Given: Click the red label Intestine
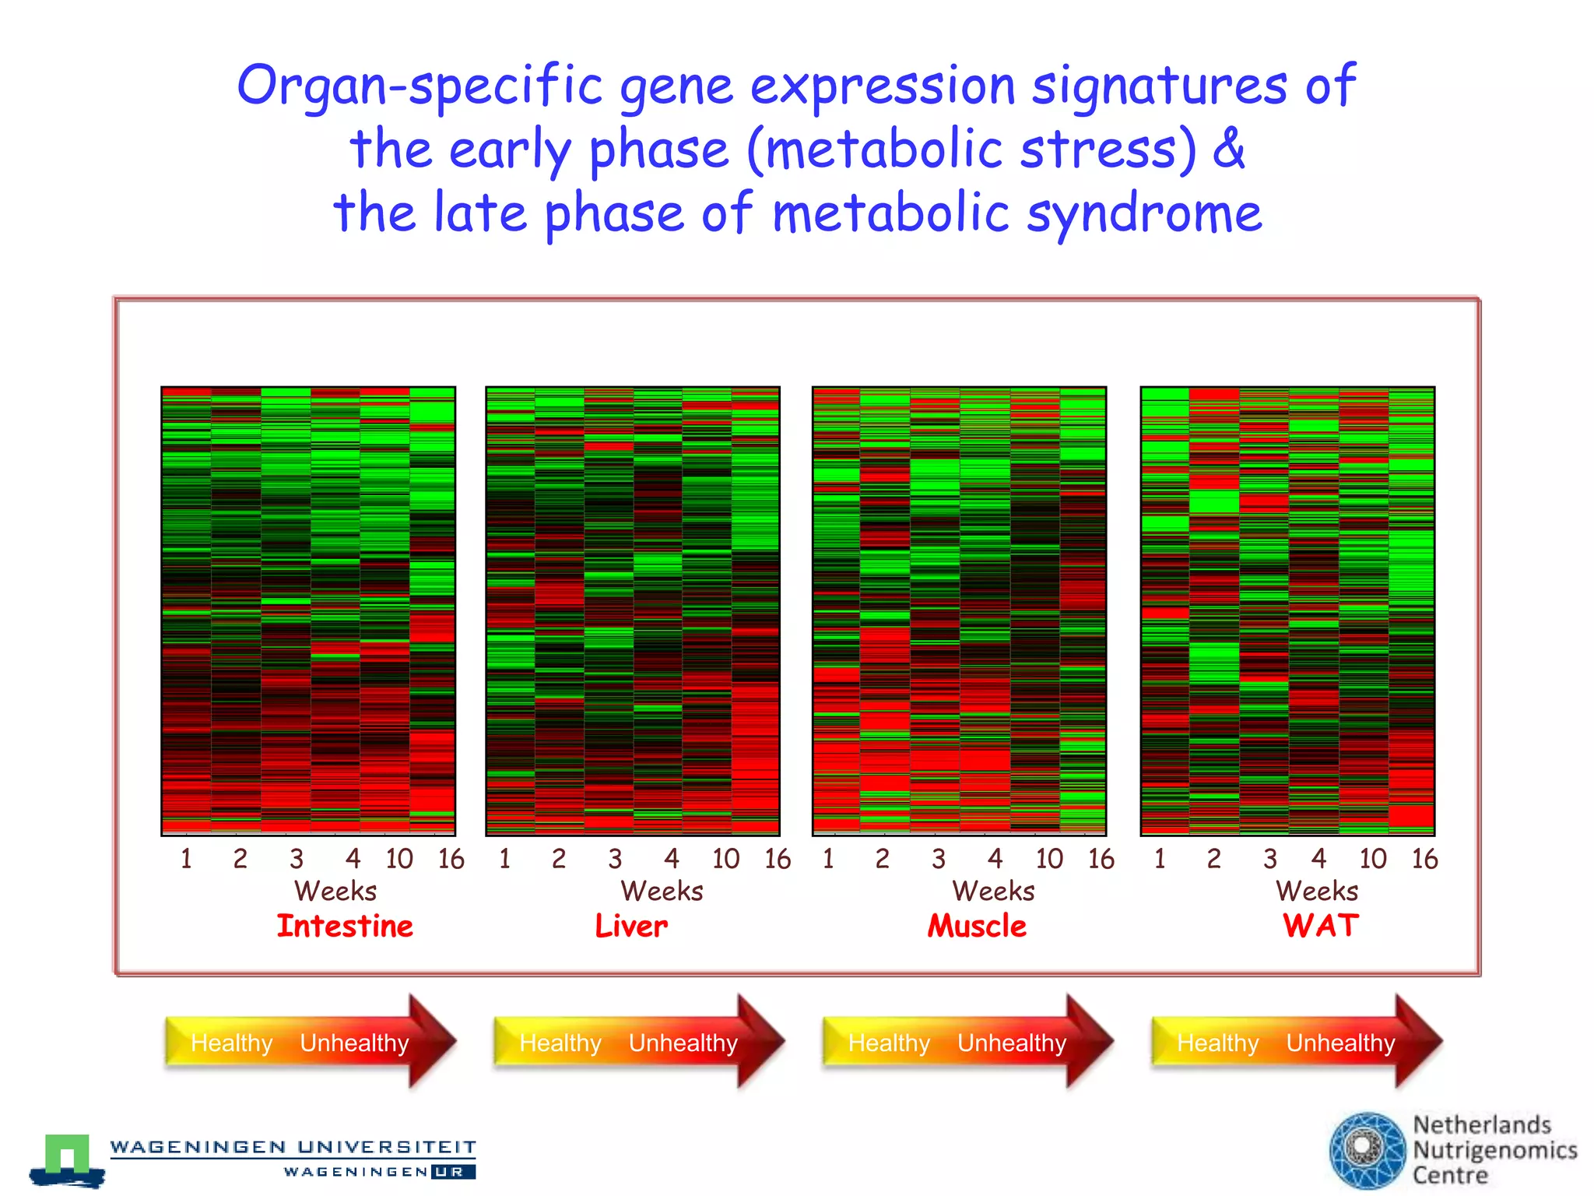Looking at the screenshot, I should click(x=345, y=926).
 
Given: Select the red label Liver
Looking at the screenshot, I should click(x=631, y=926).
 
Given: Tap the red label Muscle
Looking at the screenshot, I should click(x=977, y=926).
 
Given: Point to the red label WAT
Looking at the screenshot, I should click(x=1320, y=925).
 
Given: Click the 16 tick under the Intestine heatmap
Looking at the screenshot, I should click(x=451, y=859).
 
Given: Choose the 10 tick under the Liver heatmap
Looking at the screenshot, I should click(x=725, y=859).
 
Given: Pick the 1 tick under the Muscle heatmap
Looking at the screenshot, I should click(x=828, y=859).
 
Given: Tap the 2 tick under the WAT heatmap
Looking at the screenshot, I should click(x=1213, y=859).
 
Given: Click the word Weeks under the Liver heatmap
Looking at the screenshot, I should click(x=662, y=891).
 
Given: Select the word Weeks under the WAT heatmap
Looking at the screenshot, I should click(x=1317, y=891).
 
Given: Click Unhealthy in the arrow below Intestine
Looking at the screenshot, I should click(x=354, y=1043).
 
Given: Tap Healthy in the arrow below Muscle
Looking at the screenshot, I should click(x=889, y=1043).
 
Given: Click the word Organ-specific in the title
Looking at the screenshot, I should click(x=420, y=86).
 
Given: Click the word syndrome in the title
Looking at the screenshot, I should click(x=1143, y=213).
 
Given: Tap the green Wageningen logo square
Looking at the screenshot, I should click(x=67, y=1153).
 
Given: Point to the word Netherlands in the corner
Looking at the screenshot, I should click(x=1482, y=1124).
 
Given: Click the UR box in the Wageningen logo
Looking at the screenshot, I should click(x=452, y=1171).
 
